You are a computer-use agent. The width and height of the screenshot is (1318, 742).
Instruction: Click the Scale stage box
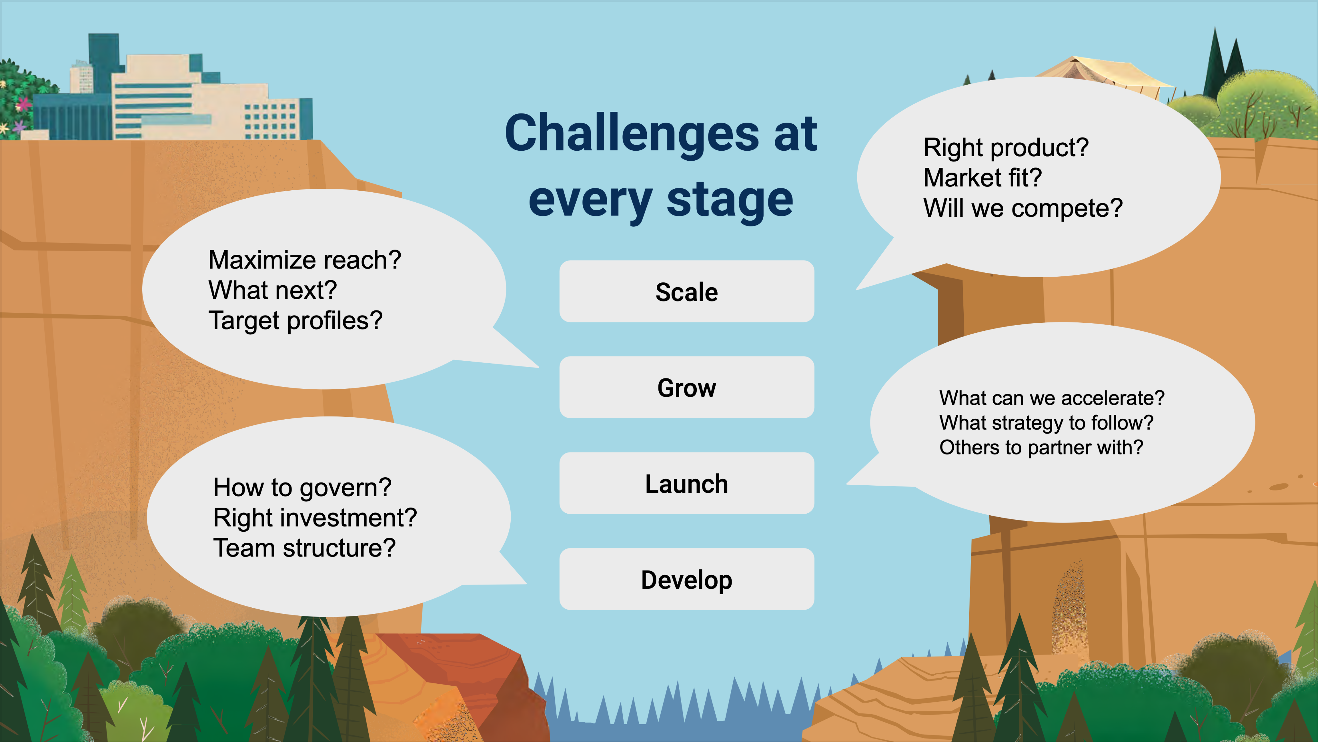tap(687, 291)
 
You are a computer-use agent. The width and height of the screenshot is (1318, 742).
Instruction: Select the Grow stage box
tap(687, 387)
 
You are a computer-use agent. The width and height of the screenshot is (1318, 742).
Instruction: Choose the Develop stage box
tap(687, 579)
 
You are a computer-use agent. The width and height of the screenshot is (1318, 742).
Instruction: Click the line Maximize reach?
tap(305, 260)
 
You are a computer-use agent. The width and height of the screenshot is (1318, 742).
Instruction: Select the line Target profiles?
tap(295, 320)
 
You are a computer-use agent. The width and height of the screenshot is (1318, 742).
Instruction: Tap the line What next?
tap(273, 290)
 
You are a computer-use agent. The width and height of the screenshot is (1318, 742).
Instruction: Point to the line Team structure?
tap(304, 548)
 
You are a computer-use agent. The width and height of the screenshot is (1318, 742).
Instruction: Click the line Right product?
tap(1006, 147)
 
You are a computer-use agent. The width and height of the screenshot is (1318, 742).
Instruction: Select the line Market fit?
tap(982, 178)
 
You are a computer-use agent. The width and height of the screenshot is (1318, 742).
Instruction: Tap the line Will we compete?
tap(1023, 208)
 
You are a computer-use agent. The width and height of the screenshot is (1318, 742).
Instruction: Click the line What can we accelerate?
tap(1052, 398)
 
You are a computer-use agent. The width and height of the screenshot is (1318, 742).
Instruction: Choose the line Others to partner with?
tap(1041, 448)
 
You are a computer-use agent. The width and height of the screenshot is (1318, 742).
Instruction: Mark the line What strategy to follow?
tap(1046, 423)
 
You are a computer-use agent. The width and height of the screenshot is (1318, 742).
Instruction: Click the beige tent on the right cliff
tap(1105, 77)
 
